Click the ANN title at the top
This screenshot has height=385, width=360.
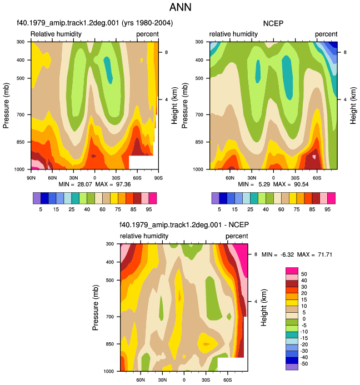pos(180,7)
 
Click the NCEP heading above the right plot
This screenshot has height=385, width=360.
pos(273,23)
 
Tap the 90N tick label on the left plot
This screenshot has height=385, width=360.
pos(31,178)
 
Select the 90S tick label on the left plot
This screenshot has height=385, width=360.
pos(158,178)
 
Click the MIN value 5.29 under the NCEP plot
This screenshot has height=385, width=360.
pos(264,184)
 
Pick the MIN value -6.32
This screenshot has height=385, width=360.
pos(287,254)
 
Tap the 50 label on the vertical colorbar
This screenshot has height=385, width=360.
pos(304,274)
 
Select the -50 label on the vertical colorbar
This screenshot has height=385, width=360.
pos(304,364)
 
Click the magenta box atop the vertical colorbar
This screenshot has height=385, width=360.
pos(292,271)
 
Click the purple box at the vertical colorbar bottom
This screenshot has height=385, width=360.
pos(292,367)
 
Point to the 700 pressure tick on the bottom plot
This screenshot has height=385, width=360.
pos(111,317)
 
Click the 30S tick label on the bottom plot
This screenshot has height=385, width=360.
pos(206,380)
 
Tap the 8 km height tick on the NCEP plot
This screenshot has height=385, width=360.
pos(345,52)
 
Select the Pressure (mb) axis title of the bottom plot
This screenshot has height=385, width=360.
pos(96,307)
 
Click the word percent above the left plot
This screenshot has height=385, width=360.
pos(147,34)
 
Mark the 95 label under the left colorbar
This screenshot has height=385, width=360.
pos(149,209)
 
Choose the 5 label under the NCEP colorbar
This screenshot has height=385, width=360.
pos(219,209)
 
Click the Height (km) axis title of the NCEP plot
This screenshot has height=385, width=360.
pos(353,106)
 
